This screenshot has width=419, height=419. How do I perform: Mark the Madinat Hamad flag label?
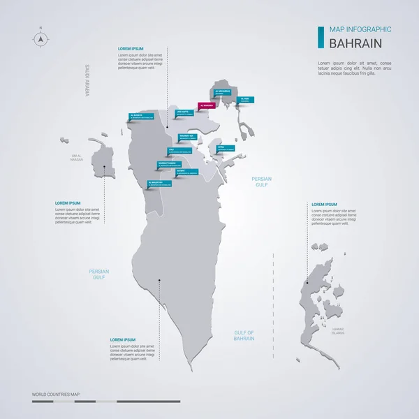pyautogui.click(x=171, y=166)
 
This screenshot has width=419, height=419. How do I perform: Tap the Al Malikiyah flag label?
pyautogui.click(x=159, y=184)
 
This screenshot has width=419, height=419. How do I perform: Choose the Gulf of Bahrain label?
pyautogui.click(x=244, y=335)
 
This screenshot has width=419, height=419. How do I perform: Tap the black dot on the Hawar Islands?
pyautogui.click(x=308, y=283)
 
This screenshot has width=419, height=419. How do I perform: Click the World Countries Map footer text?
pyautogui.click(x=56, y=395)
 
